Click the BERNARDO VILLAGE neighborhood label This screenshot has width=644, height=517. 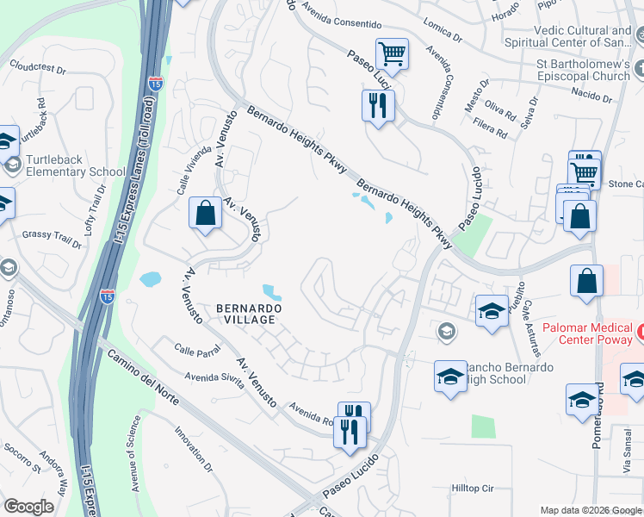click(245, 313)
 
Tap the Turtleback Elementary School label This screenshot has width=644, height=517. click(76, 165)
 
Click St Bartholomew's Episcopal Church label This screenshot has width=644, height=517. click(583, 70)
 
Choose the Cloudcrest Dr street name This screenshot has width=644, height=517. click(38, 65)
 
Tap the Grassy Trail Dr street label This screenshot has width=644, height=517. click(51, 238)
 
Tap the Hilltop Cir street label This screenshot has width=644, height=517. click(473, 489)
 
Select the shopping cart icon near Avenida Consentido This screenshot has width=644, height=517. click(392, 54)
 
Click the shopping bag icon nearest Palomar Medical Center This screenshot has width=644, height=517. click(586, 281)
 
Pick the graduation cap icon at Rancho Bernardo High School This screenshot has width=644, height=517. click(450, 377)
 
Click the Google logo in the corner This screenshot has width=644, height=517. click(29, 507)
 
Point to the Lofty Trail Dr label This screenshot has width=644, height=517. click(95, 212)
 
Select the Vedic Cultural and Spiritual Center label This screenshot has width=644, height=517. click(582, 36)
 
